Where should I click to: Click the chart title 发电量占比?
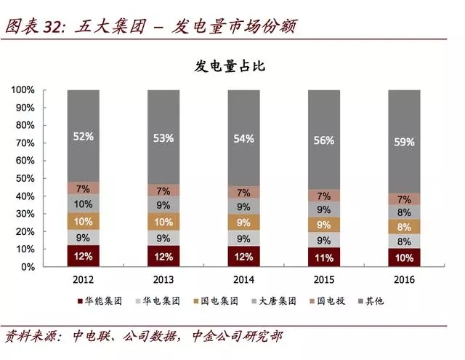point(232,67)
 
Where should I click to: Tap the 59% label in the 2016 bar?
point(405,143)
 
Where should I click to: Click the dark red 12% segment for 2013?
point(164,256)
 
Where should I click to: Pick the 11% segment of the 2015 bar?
point(325,257)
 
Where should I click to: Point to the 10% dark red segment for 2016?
point(405,258)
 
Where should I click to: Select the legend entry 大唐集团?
point(271,300)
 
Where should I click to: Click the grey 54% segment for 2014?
point(244,138)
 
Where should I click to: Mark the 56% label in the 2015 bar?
point(325,140)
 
